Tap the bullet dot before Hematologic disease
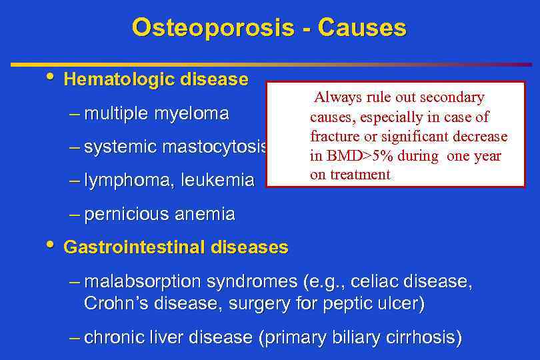[x=51, y=77]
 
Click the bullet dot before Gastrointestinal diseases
[x=51, y=245]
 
